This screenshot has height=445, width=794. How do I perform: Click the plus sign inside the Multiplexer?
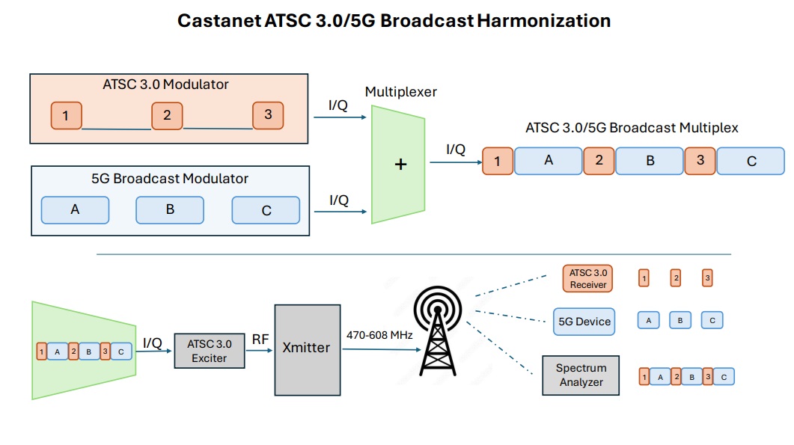(400, 165)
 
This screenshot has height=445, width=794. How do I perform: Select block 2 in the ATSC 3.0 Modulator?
(167, 116)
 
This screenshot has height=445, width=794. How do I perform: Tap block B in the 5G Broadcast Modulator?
(170, 210)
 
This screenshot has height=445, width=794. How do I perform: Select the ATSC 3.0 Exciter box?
(210, 350)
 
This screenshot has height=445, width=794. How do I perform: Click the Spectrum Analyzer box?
(581, 375)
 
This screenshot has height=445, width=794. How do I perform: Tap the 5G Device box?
(584, 322)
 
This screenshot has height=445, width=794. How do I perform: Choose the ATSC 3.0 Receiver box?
(588, 279)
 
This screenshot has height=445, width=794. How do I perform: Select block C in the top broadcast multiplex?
(751, 161)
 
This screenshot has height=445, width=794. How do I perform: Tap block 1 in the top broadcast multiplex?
(498, 161)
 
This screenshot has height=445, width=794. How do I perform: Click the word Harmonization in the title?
(544, 20)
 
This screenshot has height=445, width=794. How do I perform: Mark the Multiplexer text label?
(400, 92)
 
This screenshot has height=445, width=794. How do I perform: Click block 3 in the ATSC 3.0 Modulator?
(268, 115)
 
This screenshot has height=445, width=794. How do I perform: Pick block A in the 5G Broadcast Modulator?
(75, 210)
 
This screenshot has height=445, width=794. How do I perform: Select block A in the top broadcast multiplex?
(548, 160)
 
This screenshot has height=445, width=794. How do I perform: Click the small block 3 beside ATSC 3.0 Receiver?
(707, 279)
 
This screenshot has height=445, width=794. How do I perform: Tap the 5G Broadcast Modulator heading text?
(169, 179)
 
